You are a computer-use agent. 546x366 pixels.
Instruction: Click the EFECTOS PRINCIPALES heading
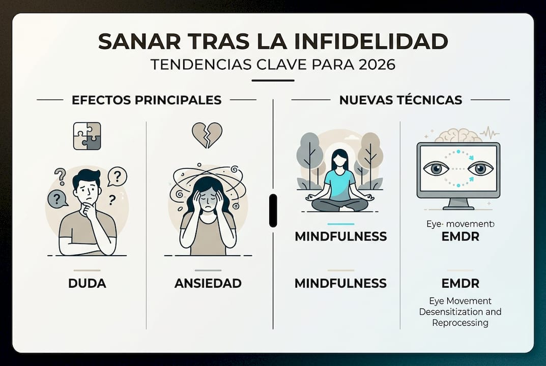point(147,100)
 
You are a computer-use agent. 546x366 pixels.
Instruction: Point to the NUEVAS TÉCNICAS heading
point(400,100)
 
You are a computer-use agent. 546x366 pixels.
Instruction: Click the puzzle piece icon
point(87,136)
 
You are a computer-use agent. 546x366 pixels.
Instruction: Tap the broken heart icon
point(207,135)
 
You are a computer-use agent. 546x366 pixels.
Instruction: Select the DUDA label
point(87,283)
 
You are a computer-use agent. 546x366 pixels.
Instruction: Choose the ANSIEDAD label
point(208,283)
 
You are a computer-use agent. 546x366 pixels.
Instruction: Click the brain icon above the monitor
point(458,135)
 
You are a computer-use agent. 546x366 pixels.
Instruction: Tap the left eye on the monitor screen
point(436,168)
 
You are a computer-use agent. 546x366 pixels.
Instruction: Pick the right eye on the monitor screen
point(480,168)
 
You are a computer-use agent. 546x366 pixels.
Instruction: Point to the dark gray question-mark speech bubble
point(57,198)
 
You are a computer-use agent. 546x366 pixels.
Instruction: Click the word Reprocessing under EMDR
point(460,323)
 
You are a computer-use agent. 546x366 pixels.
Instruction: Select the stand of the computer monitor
point(458,204)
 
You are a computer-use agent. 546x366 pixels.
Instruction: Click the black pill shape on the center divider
point(273,210)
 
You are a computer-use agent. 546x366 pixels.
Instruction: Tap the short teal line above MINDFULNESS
point(340,224)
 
